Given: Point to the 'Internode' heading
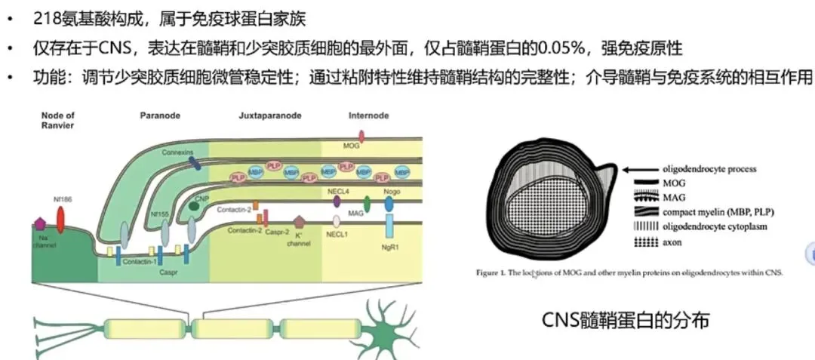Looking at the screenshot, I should pyautogui.click(x=368, y=115).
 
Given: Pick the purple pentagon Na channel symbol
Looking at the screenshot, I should pyautogui.click(x=41, y=224).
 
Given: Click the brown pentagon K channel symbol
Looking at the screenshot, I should pyautogui.click(x=300, y=222).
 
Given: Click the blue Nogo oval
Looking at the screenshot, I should pyautogui.click(x=389, y=203).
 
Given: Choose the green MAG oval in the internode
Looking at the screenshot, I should pyautogui.click(x=367, y=203).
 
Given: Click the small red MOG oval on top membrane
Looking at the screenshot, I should pyautogui.click(x=361, y=137).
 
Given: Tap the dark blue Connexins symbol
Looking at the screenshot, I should pyautogui.click(x=194, y=162).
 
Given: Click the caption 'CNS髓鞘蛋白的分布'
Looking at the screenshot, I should pyautogui.click(x=626, y=320).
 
